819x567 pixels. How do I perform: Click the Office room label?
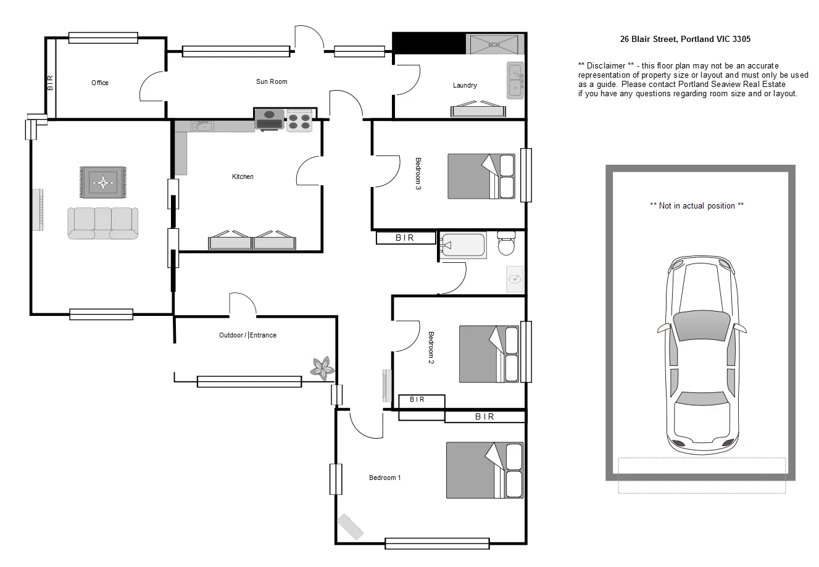pos(99,83)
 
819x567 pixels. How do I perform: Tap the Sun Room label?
pos(272,81)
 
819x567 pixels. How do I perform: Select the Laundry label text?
pos(464,85)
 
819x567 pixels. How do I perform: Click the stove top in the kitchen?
pos(300,120)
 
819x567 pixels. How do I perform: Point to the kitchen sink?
pos(202,126)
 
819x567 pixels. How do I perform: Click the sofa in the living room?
pos(102,223)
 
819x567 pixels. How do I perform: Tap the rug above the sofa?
pos(102,182)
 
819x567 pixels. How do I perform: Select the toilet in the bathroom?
pos(507,244)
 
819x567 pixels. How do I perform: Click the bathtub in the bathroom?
pos(463,245)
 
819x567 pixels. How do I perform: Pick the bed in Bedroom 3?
pos(481,176)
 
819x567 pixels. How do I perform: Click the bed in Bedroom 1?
pos(484,470)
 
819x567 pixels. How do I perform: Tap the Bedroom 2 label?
pos(431,348)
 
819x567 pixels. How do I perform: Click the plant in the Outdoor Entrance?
pos(322,367)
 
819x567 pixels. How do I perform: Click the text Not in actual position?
pos(697,205)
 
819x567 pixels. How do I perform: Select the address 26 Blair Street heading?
pos(685,39)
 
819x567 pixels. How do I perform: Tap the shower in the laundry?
pos(494,44)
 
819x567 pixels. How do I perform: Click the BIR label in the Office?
pos(50,83)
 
